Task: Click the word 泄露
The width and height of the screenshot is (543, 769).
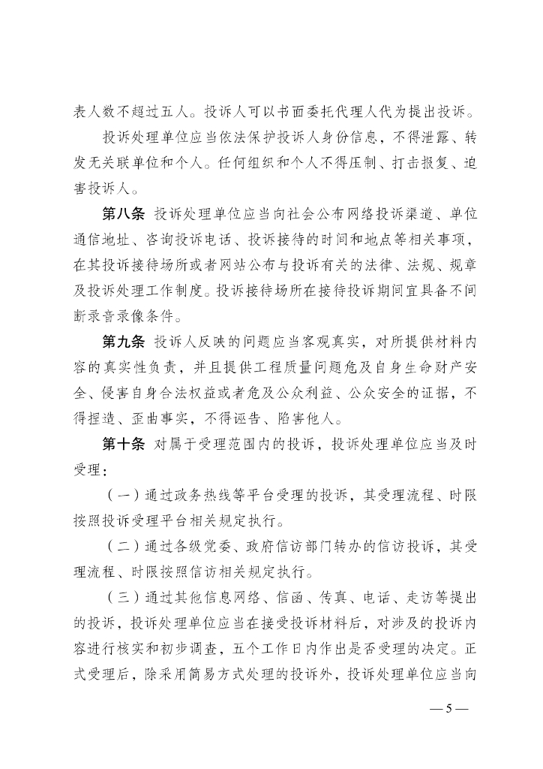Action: pos(433,138)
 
